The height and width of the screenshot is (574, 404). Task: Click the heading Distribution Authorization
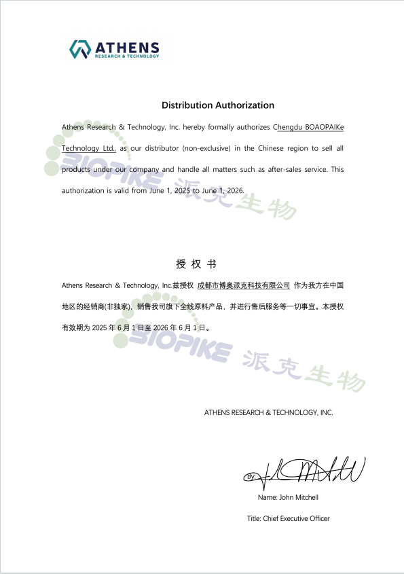point(217,105)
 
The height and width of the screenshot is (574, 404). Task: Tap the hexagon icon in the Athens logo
point(80,49)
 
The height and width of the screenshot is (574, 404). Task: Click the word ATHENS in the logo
point(127,47)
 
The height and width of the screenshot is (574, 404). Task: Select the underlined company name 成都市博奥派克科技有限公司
point(243,285)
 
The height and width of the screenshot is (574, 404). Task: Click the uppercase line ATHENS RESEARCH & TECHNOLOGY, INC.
point(268,412)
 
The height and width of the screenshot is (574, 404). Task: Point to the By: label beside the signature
point(251,477)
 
